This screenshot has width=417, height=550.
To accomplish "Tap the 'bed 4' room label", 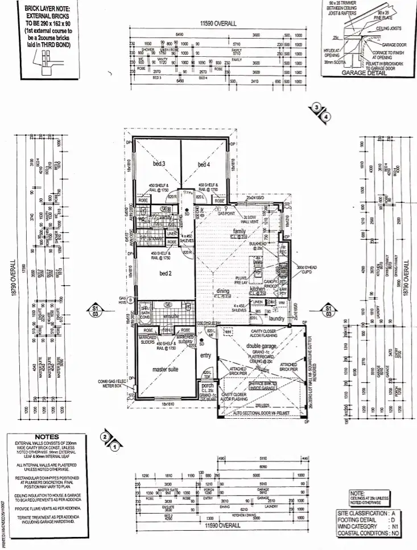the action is [x=204, y=165].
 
